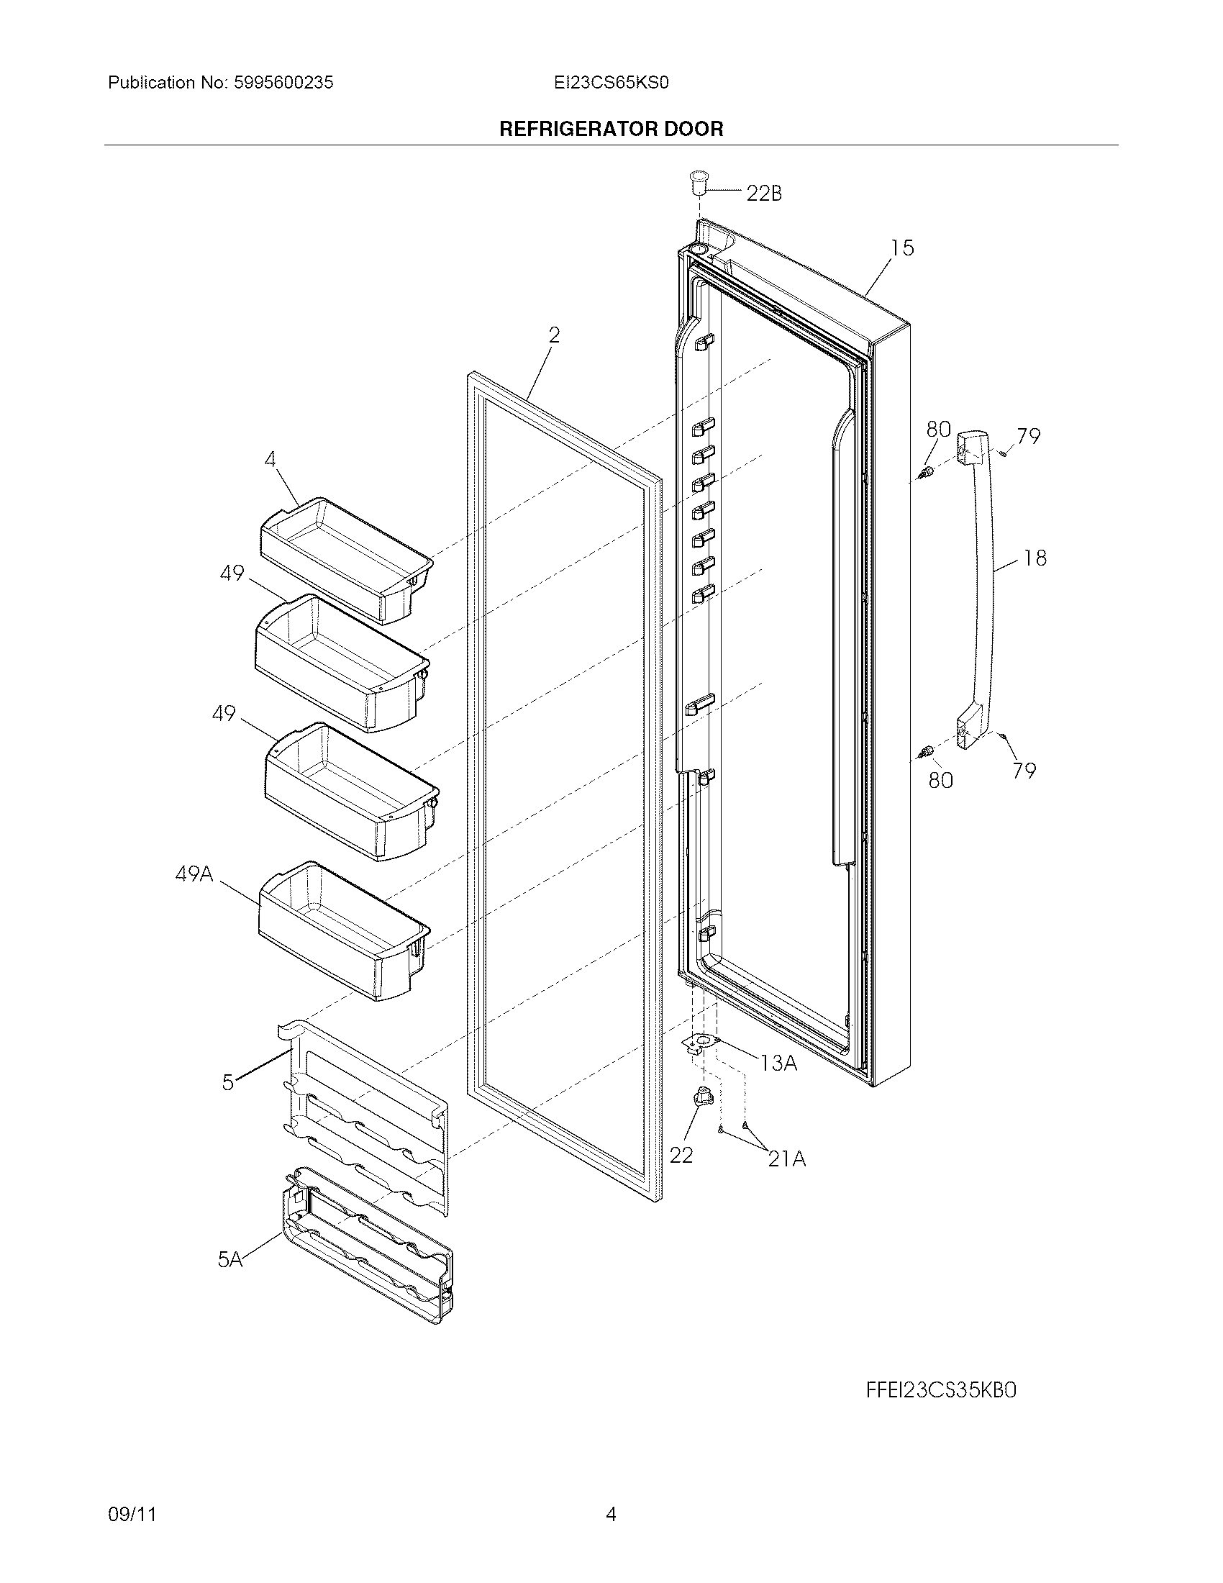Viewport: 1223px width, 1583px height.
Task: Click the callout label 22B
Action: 763,194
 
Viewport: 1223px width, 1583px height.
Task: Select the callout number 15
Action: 902,248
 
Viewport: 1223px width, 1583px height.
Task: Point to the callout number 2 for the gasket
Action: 554,335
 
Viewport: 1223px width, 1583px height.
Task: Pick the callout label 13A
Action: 778,1063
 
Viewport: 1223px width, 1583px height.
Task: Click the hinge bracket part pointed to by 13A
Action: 701,1044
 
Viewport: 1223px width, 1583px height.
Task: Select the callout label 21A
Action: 787,1159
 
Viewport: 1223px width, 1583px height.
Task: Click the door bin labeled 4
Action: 345,558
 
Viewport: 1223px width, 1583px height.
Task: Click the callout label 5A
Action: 230,1260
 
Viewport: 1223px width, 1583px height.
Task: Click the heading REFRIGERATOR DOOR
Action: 611,129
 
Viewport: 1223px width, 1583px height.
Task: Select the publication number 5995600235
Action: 283,83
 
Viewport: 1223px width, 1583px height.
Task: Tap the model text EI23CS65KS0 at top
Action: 611,83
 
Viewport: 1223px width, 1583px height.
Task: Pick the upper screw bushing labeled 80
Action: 925,474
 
